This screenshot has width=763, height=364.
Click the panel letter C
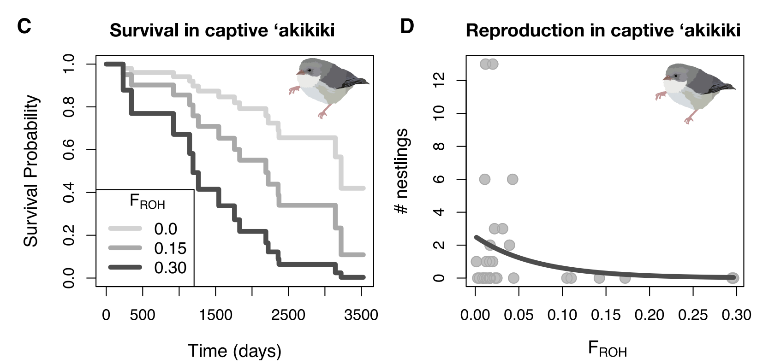(x=24, y=26)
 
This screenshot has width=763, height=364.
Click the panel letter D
(x=407, y=26)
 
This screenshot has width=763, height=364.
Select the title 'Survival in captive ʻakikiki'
(x=222, y=31)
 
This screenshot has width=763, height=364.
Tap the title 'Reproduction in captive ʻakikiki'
(x=603, y=31)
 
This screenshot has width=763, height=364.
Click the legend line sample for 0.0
(x=125, y=229)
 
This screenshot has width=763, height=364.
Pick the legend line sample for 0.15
(x=125, y=248)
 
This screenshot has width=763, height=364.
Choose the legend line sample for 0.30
(x=125, y=267)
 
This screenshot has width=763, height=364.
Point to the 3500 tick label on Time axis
(x=361, y=315)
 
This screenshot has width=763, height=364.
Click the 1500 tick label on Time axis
(x=215, y=315)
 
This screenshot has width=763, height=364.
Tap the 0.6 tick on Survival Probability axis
(x=69, y=150)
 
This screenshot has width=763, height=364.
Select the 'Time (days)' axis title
(x=234, y=351)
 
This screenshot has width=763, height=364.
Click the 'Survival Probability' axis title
(x=31, y=171)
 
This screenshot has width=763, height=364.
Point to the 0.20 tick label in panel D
(x=649, y=315)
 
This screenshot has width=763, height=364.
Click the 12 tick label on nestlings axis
(x=439, y=81)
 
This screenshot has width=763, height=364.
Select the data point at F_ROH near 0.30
(x=733, y=278)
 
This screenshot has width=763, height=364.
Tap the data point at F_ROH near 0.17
(x=625, y=278)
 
